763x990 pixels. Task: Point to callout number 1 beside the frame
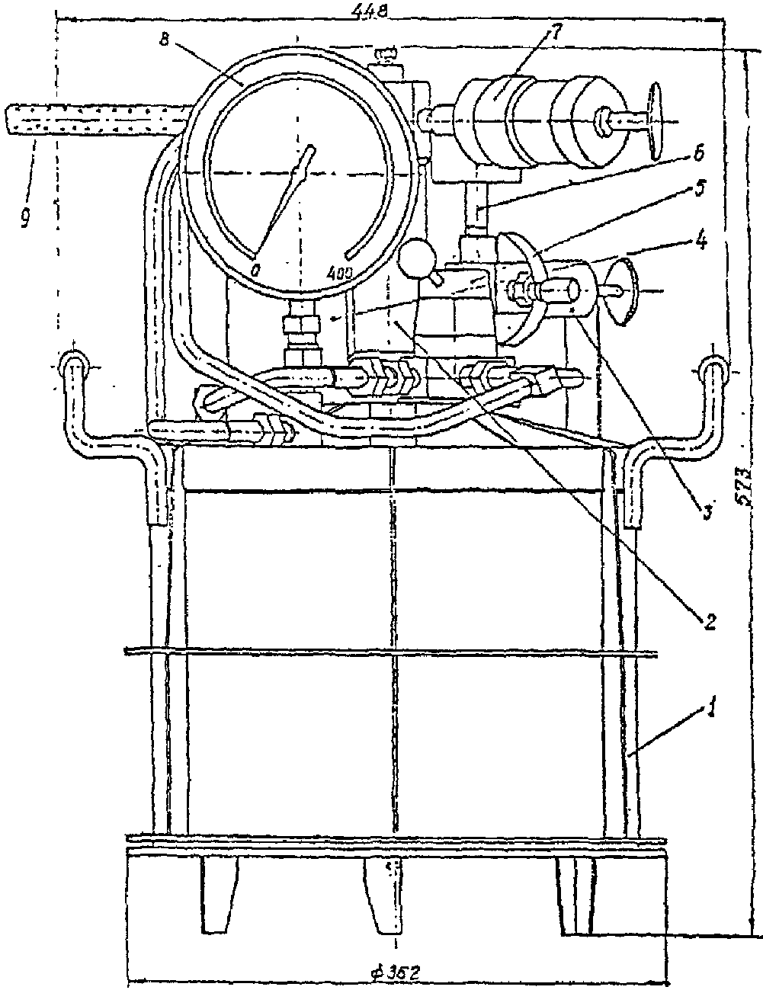(x=710, y=710)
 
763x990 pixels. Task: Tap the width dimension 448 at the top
(x=370, y=11)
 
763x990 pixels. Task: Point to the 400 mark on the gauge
(x=339, y=271)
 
